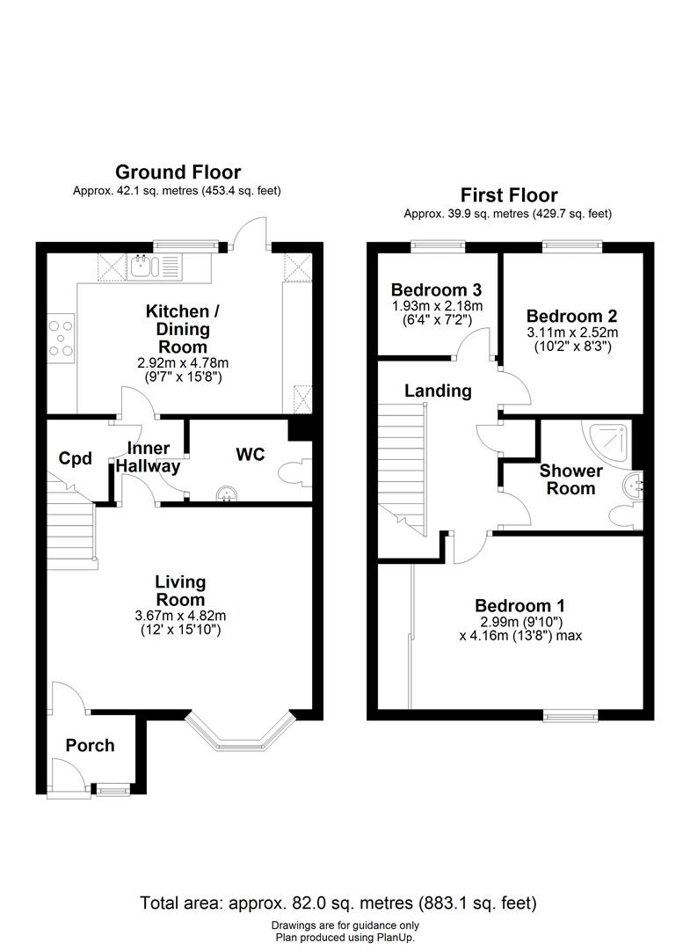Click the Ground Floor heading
tap(178, 172)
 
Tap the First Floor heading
tap(509, 195)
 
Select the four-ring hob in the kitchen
tap(62, 338)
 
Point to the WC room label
tap(251, 455)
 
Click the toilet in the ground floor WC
tap(294, 472)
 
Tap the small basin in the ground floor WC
tap(227, 493)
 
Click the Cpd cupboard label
tap(75, 458)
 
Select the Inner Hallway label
tap(149, 457)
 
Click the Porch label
tap(91, 745)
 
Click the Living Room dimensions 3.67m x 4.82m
tap(180, 616)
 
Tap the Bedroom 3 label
tap(436, 289)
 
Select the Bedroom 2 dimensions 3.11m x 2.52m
tap(572, 332)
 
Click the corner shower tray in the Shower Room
tap(606, 442)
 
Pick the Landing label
tap(439, 391)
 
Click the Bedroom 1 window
tap(570, 716)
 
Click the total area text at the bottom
tap(338, 903)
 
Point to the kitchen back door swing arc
tap(245, 227)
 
